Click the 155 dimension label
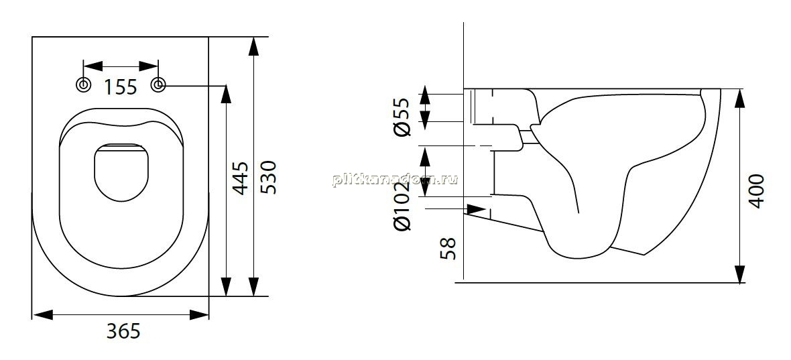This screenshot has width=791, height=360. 121,87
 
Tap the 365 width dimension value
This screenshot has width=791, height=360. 123,331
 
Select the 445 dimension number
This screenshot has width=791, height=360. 241,178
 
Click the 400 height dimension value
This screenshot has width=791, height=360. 757,192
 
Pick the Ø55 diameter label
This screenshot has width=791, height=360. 403,117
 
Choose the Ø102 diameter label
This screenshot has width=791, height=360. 403,206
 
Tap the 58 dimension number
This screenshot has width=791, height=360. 448,249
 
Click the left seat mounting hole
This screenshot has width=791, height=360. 83,85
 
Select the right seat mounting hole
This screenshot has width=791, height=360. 158,85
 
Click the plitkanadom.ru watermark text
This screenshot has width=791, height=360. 395,180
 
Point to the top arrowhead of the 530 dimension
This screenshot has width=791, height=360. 254,47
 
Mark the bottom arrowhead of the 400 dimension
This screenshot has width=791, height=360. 740,273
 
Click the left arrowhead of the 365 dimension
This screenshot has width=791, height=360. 43,315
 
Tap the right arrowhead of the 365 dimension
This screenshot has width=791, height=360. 199,315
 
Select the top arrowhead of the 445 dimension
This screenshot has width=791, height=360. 226,95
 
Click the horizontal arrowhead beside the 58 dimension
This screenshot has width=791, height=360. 476,208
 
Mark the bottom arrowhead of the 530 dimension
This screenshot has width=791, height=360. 254,286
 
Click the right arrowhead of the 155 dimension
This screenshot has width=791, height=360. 148,66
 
